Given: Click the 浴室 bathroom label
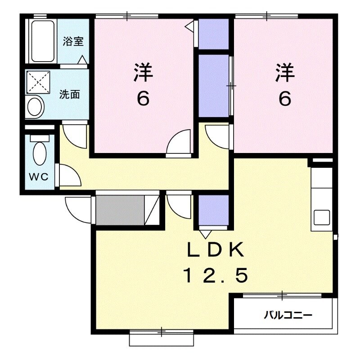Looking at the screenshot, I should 73,42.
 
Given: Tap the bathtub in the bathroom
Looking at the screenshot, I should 42,41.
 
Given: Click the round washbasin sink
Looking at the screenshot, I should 35,107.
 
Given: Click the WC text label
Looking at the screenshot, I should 39,177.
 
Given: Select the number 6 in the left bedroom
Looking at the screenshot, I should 143,98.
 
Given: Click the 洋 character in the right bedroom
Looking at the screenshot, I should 285,73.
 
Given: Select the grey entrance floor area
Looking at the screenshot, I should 120,210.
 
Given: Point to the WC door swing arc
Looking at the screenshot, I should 69,175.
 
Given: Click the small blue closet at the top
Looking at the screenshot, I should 214,34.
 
